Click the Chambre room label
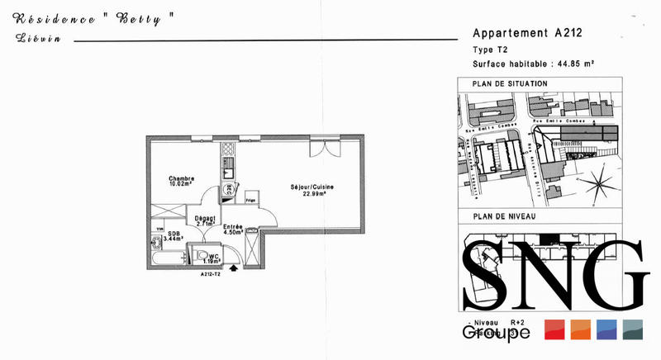181,178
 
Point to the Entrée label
233,226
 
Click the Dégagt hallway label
205,218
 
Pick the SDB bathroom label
174,234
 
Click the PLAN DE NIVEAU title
504,216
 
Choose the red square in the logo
554,329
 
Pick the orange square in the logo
581,329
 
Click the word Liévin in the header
32,39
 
